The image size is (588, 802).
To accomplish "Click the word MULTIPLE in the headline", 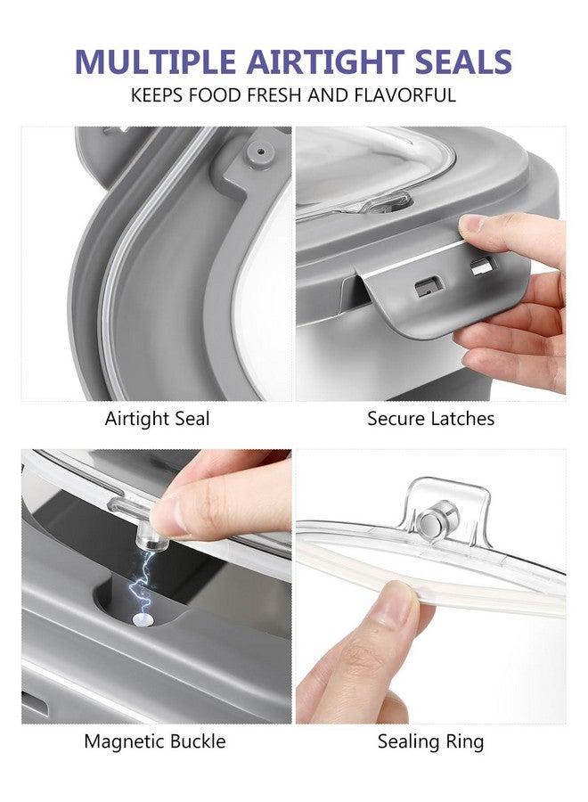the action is (155, 61).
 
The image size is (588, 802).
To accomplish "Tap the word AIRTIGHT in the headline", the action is (325, 61).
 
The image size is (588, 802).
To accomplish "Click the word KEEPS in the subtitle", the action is (158, 95).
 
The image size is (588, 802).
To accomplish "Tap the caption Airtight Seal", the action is (158, 419).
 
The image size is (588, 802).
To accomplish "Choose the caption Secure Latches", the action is (431, 419).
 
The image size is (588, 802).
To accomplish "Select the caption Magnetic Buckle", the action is (155, 741).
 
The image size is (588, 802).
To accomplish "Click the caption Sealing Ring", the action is (430, 742).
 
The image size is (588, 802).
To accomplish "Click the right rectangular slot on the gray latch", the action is (483, 266).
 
